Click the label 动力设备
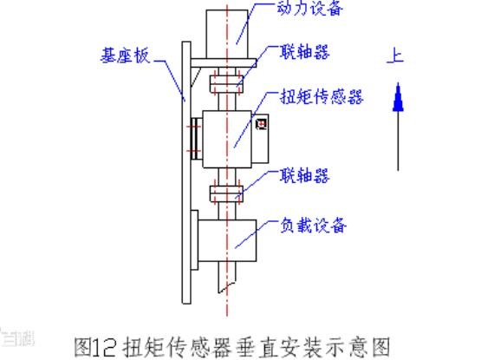coord(309,9)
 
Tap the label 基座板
coord(125,56)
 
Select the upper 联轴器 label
coord(305,52)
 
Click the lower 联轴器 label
coord(305,175)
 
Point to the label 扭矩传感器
coord(322,96)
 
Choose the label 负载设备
coord(313,225)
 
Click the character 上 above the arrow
coord(395,56)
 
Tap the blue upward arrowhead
coord(398,97)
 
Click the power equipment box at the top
coord(227,34)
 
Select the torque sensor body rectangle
coord(227,139)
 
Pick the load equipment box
coord(227,240)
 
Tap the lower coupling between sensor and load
coord(226,193)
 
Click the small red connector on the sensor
coord(262,123)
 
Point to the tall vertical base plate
coord(186,173)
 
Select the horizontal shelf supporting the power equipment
coord(224,62)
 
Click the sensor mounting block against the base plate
coord(197,139)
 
